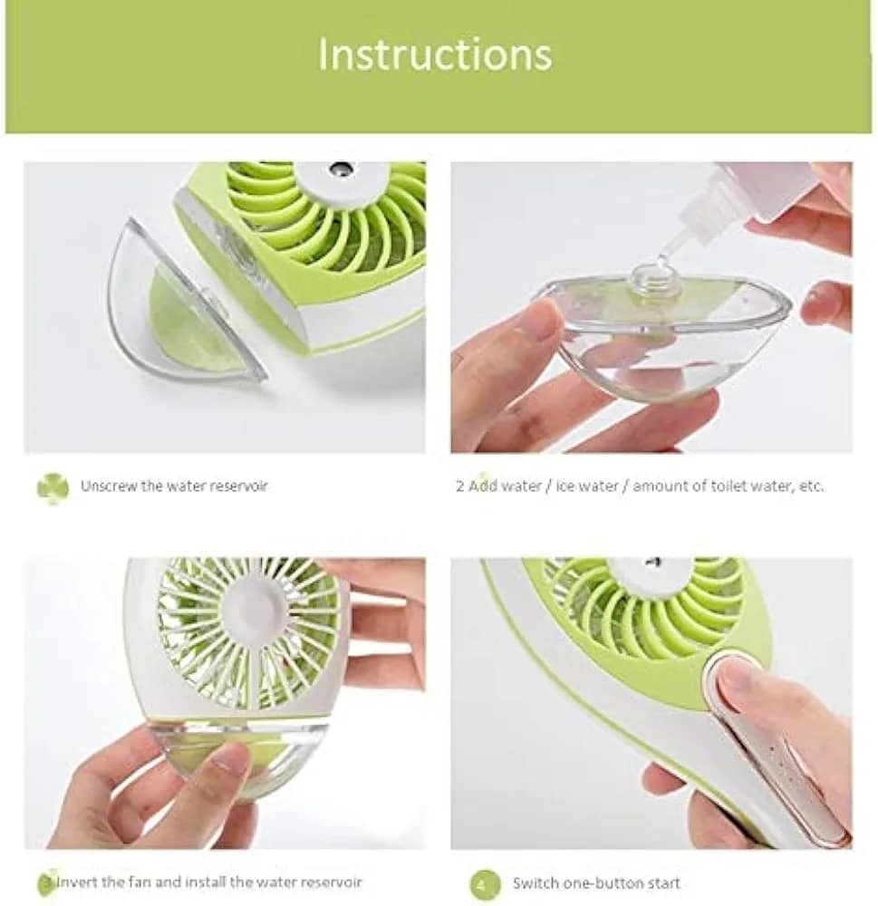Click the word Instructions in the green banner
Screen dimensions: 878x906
435,53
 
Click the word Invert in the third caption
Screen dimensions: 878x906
77,882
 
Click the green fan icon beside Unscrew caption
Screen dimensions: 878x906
53,488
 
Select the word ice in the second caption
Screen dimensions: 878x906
564,486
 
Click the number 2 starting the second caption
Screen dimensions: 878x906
459,486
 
